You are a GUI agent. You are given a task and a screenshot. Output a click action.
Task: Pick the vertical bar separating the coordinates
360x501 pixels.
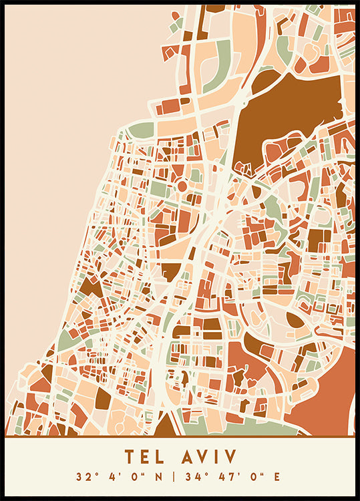(173, 478)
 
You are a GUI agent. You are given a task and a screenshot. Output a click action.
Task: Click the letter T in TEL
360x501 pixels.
(129, 457)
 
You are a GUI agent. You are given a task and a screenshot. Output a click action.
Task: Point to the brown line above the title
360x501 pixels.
(180, 436)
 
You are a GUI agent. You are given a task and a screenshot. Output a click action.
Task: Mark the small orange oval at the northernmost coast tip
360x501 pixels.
(176, 15)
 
